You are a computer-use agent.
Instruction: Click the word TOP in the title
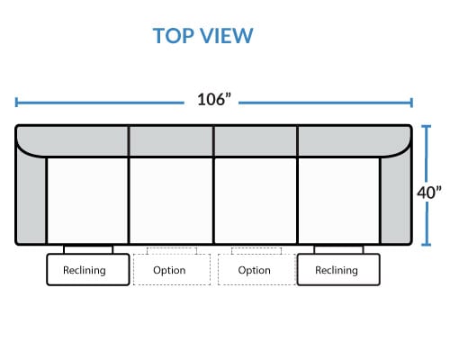tap(174, 36)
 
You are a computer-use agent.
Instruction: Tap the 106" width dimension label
tap(214, 99)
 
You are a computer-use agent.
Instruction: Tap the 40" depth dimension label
tap(429, 193)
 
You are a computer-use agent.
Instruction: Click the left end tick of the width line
tap(16, 103)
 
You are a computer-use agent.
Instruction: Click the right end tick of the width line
tap(411, 103)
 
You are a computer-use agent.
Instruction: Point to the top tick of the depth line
tap(426, 127)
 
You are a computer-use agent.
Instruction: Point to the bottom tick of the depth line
tap(426, 245)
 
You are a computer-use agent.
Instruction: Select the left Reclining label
tap(85, 270)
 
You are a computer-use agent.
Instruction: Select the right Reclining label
tap(337, 270)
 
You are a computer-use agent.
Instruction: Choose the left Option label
tap(169, 270)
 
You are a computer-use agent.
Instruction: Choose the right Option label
tap(254, 270)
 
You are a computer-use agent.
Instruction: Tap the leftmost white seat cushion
tap(87, 201)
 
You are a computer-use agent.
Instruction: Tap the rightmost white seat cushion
tap(339, 201)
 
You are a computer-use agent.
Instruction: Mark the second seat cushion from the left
tap(171, 201)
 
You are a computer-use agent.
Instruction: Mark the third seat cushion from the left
tap(256, 201)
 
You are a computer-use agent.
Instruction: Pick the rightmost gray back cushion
tap(354, 140)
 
